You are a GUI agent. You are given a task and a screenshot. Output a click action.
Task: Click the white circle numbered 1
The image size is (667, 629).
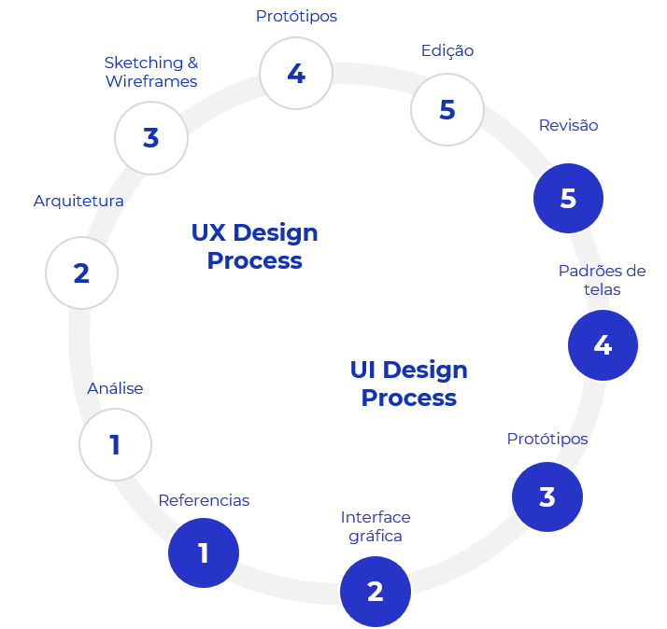point(115,445)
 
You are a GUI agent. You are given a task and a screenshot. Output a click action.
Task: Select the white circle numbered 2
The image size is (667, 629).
point(81,273)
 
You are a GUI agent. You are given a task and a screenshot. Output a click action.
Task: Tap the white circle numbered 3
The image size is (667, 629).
point(151,138)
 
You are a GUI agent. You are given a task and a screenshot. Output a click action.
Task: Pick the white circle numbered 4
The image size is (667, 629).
point(296,74)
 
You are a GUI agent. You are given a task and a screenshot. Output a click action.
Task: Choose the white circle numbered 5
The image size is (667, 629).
point(447,109)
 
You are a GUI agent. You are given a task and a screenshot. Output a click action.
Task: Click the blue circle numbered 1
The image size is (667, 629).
point(204,553)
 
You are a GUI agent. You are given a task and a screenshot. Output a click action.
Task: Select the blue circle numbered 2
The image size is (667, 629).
point(376,591)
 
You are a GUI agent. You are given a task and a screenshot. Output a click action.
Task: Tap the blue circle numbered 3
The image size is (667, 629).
point(547,496)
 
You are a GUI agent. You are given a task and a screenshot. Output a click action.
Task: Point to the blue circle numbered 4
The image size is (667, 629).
point(603,345)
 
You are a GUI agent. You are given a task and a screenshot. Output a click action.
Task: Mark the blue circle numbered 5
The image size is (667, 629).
point(568,198)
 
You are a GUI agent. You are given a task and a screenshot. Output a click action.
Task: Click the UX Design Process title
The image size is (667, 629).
point(254,246)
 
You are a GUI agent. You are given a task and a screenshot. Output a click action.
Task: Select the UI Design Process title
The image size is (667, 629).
point(408,384)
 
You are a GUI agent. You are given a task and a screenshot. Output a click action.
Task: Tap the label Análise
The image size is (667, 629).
point(115,388)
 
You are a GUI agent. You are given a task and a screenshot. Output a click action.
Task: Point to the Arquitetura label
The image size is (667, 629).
point(78,201)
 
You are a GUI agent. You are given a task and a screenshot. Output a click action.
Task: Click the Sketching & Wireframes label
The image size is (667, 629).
point(151,72)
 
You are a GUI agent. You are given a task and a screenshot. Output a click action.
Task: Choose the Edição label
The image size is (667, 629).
point(447,50)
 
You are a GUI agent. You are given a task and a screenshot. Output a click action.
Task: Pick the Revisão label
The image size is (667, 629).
point(568,125)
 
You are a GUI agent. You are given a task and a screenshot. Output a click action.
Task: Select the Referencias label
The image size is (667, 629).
point(204,500)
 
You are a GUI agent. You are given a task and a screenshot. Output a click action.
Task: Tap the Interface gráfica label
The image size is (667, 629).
point(376,526)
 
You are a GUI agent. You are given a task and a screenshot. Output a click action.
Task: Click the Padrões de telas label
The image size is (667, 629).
point(603,280)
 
